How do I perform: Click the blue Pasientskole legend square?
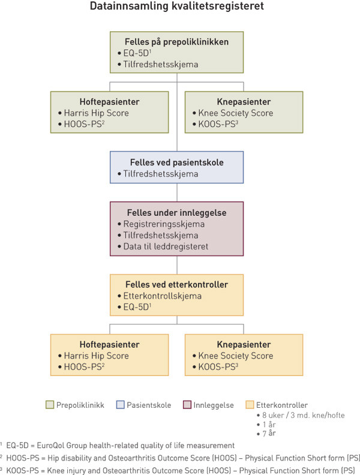(x=121, y=405)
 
